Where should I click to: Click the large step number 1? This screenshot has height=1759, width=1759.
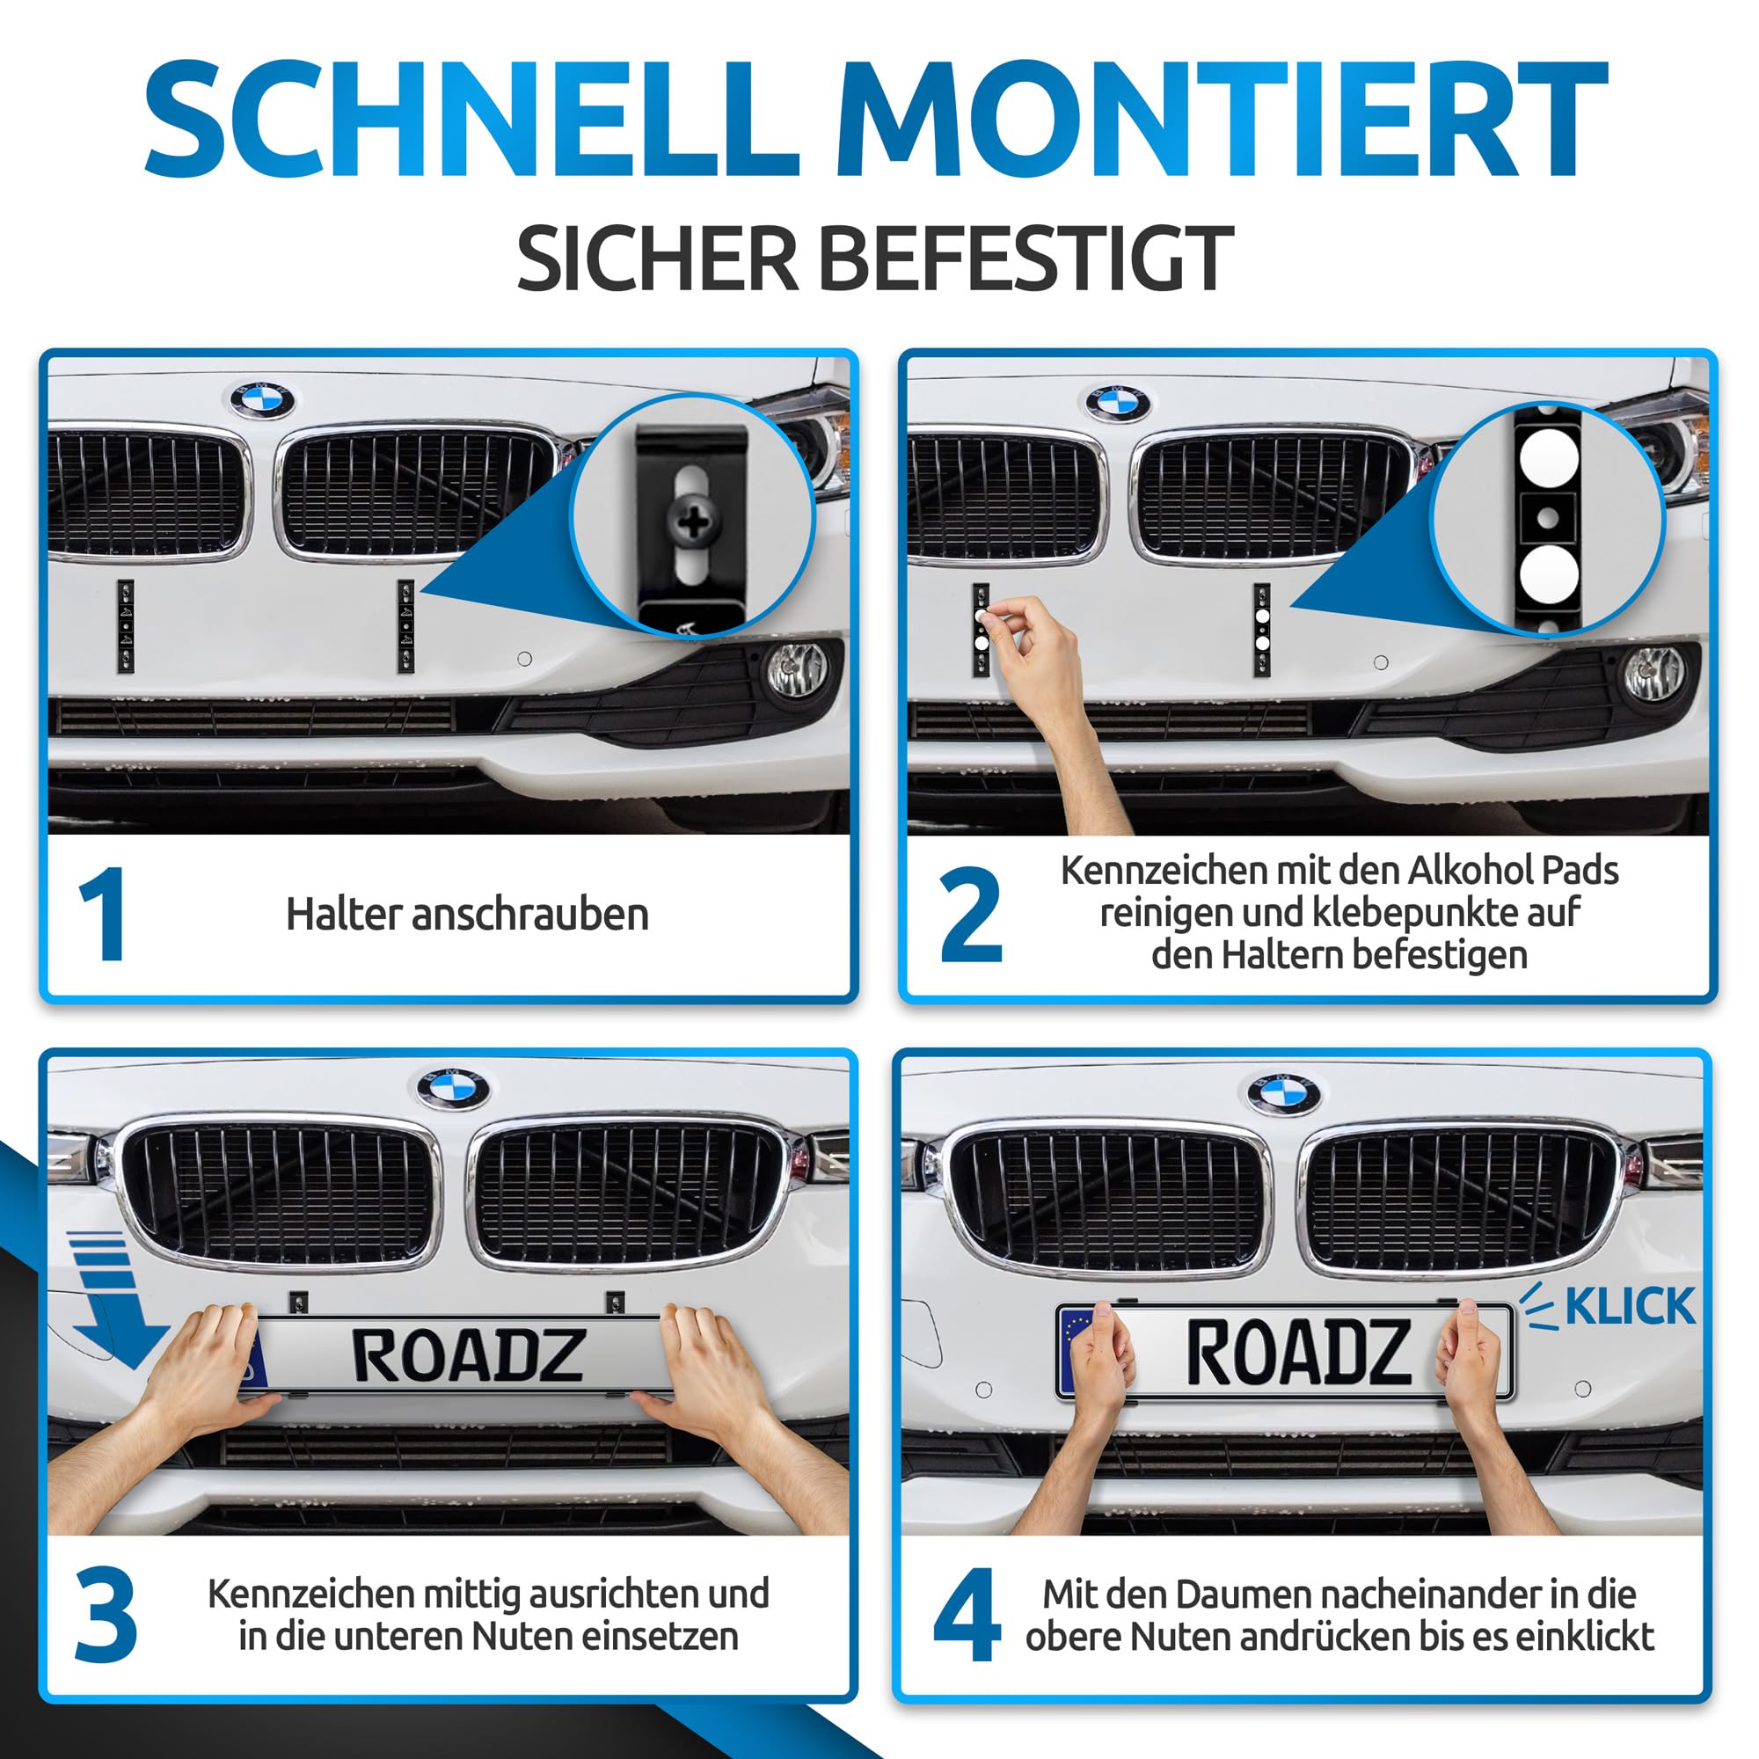(x=104, y=913)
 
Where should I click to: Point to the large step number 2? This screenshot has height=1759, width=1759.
(x=971, y=915)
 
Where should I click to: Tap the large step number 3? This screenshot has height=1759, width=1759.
(x=106, y=1614)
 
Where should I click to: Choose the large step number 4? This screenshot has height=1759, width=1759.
(x=967, y=1614)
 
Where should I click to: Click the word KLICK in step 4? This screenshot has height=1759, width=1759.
(x=1630, y=1308)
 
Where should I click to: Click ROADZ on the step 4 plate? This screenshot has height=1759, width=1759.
(x=1298, y=1352)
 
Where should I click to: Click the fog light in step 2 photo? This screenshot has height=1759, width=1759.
(x=1654, y=674)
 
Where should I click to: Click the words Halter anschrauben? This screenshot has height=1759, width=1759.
(x=467, y=915)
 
